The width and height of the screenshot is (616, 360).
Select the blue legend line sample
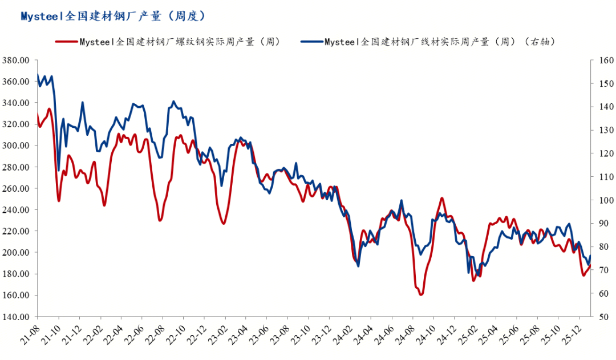click(x=311, y=42)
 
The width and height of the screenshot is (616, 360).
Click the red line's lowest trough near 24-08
click(x=421, y=294)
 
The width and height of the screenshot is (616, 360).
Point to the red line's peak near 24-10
click(x=442, y=198)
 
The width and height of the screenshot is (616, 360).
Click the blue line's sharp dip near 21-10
click(x=59, y=170)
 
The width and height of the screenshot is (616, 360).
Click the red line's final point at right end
click(x=590, y=265)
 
